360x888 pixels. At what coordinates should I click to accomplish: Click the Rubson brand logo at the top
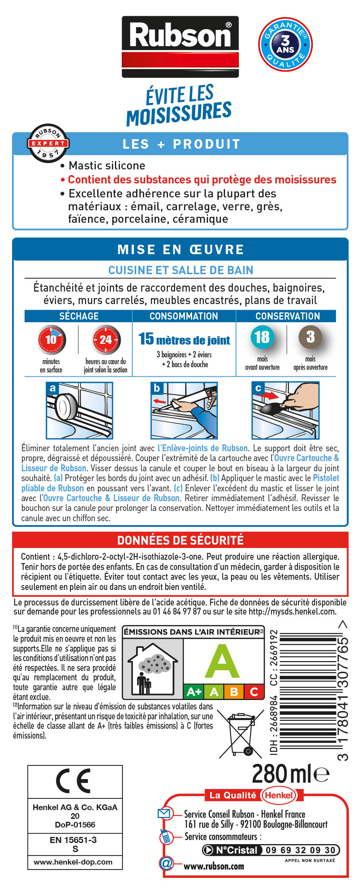coord(180,47)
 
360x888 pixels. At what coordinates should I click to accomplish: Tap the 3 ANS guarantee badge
coord(285,44)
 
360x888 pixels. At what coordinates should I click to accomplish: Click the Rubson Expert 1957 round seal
coord(48,143)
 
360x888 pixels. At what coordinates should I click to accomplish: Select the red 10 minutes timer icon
coord(51,339)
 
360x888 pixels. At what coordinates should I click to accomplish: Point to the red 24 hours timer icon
coord(106,339)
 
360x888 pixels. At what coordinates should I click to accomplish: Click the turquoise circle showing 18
coord(262,337)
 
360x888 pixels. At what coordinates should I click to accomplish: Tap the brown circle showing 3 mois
coord(310,337)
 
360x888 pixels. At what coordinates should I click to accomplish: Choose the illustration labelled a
coord(79,410)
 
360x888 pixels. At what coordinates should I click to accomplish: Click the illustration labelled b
coord(184,410)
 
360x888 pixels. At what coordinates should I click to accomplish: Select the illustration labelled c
coord(286,410)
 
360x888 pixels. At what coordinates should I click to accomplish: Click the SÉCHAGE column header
coord(79,316)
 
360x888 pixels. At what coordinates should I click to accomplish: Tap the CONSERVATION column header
coord(287,316)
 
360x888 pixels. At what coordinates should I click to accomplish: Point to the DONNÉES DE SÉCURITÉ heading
coord(180,540)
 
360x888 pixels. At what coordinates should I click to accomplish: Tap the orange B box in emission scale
coord(234,692)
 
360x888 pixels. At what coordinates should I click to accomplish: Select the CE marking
coord(74,781)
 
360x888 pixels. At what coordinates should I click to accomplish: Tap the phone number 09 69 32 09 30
coord(300,850)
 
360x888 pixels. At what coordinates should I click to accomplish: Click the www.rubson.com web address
coord(214,866)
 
